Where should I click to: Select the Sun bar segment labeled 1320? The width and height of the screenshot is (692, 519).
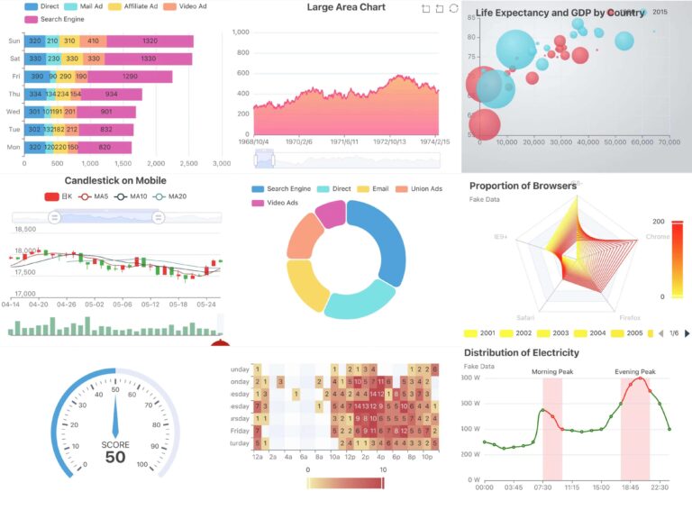coord(150,41)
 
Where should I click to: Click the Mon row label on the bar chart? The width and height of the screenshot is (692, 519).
coord(14,147)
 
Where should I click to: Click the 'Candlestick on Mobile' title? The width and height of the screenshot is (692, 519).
coord(115,180)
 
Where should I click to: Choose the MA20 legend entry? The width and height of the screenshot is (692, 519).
coord(175,196)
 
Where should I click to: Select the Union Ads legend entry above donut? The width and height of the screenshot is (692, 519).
coord(425,189)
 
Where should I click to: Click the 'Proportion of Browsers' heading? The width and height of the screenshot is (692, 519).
coord(522,186)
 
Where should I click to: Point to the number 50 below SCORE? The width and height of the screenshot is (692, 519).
coord(115,458)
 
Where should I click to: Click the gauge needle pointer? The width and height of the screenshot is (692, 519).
coord(115,414)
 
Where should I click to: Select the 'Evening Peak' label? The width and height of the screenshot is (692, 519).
coord(635,371)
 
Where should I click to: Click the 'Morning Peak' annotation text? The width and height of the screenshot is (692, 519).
coord(552,371)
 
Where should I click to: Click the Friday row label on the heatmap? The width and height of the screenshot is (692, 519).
coord(239,431)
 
